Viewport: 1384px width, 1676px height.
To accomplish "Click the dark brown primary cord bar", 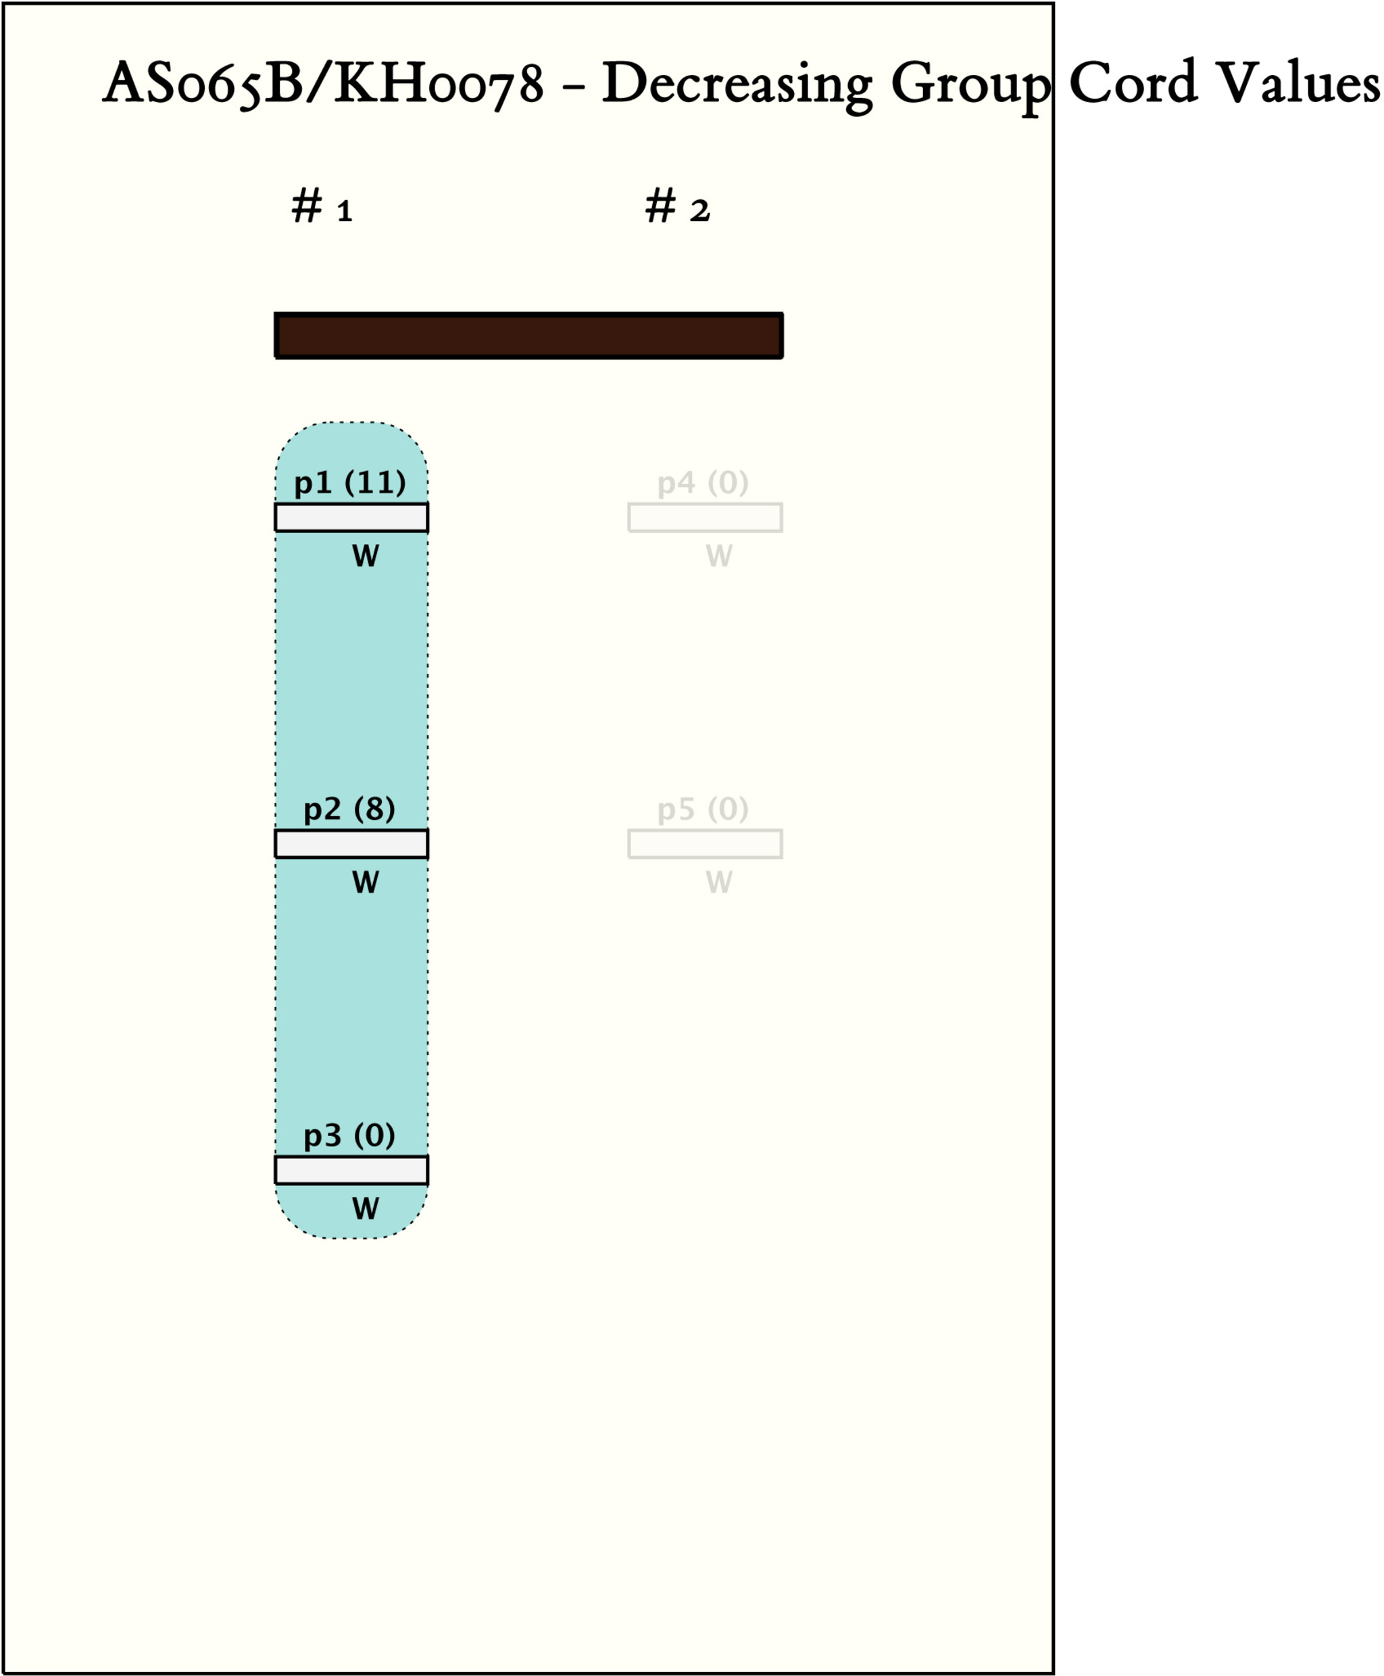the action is pyautogui.click(x=528, y=336).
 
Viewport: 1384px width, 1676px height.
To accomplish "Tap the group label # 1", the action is pyautogui.click(x=322, y=207).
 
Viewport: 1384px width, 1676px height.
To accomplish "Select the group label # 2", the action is pyautogui.click(x=678, y=207).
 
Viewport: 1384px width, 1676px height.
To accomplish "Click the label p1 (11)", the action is pyautogui.click(x=350, y=483).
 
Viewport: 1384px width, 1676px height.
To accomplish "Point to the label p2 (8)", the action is pyautogui.click(x=350, y=810).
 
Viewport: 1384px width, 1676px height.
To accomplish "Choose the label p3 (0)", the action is pyautogui.click(x=350, y=1135).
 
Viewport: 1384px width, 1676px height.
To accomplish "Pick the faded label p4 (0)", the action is pyautogui.click(x=703, y=483).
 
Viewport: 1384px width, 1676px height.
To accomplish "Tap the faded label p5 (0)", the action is pyautogui.click(x=703, y=810).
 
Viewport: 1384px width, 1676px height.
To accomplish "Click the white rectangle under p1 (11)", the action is pyautogui.click(x=351, y=518).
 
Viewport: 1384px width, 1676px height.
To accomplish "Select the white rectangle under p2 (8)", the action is pyautogui.click(x=351, y=843).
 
